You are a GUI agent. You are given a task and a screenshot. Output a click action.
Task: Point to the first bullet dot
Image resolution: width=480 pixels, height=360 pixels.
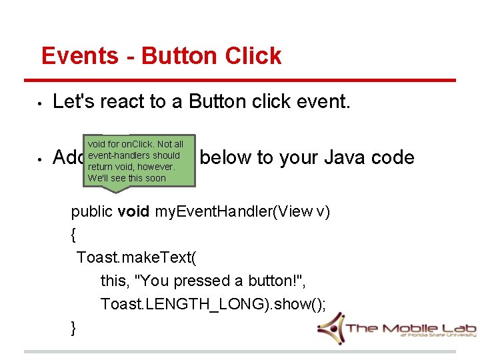[41, 103]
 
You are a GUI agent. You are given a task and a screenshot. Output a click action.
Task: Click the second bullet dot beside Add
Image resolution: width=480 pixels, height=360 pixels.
[41, 159]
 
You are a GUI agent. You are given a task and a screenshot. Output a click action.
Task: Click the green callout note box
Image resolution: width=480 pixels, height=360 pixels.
[135, 161]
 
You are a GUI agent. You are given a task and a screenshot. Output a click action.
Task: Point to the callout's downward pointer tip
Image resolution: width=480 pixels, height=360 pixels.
[117, 191]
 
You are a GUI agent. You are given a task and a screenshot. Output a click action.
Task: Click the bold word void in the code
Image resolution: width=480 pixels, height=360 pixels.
[134, 212]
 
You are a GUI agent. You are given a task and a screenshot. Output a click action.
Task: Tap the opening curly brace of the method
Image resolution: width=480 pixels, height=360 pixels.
[74, 235]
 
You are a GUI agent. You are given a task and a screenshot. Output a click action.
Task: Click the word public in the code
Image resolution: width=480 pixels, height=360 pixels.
[92, 212]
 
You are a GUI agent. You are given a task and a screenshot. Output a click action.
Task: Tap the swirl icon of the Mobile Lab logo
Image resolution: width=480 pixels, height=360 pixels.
[330, 327]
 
